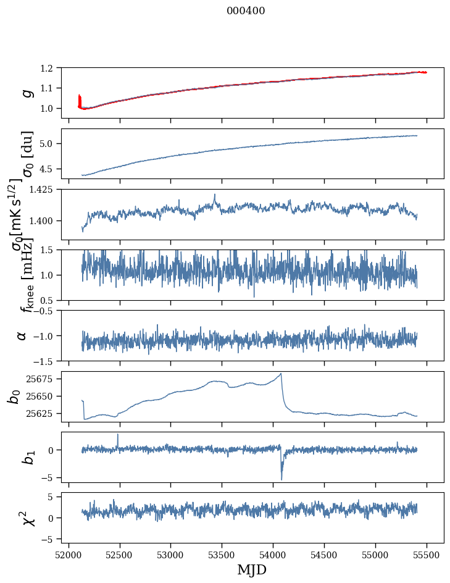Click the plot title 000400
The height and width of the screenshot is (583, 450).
click(x=246, y=11)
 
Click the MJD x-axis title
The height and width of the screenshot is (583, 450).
click(x=252, y=569)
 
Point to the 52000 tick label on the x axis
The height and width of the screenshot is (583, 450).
click(x=69, y=555)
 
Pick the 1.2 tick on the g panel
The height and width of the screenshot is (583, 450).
click(x=52, y=68)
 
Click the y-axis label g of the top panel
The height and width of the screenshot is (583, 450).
click(x=25, y=93)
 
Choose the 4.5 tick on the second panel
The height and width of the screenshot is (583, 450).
click(x=52, y=169)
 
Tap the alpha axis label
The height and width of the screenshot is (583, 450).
click(x=22, y=335)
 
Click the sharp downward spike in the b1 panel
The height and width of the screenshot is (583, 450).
click(x=281, y=479)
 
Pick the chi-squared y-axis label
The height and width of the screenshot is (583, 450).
click(x=27, y=518)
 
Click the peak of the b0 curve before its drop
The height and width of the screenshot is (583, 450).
click(x=281, y=374)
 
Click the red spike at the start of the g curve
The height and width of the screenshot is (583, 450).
click(x=80, y=98)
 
